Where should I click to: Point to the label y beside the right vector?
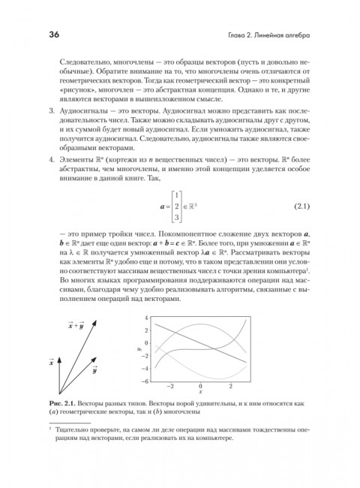pyautogui.click(x=95, y=369)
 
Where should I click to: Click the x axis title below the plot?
pyautogui.click(x=200, y=393)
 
